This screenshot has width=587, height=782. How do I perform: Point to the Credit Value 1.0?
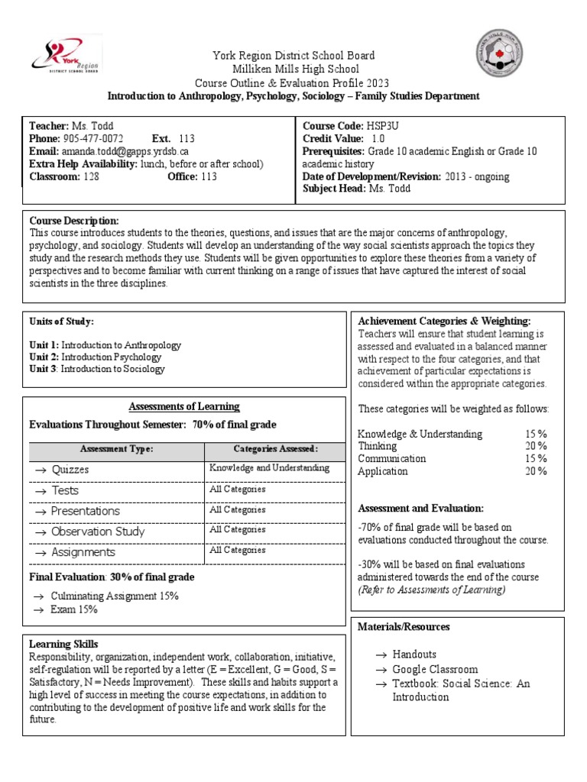tap(378, 138)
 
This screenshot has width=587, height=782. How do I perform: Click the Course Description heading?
tap(73, 221)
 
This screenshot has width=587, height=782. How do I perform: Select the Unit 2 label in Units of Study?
tap(44, 357)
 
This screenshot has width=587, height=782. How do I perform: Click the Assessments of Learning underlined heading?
tap(183, 406)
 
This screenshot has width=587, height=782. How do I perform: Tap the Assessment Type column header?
tap(116, 449)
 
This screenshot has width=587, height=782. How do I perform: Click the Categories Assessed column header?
tap(275, 449)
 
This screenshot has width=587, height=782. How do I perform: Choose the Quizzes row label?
tap(70, 470)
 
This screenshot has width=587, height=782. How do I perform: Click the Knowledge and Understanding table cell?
tap(269, 467)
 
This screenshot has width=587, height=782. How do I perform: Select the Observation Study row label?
tap(97, 531)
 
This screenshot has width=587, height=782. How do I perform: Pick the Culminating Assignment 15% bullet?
tap(114, 596)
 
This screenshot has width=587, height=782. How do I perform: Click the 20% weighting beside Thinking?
tap(535, 446)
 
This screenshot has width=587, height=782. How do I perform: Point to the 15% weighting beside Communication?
tap(535, 458)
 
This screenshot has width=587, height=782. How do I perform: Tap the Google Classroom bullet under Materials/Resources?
tap(435, 669)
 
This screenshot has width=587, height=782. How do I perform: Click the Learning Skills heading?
tap(63, 645)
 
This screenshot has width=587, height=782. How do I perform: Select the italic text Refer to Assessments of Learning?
tap(430, 590)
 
